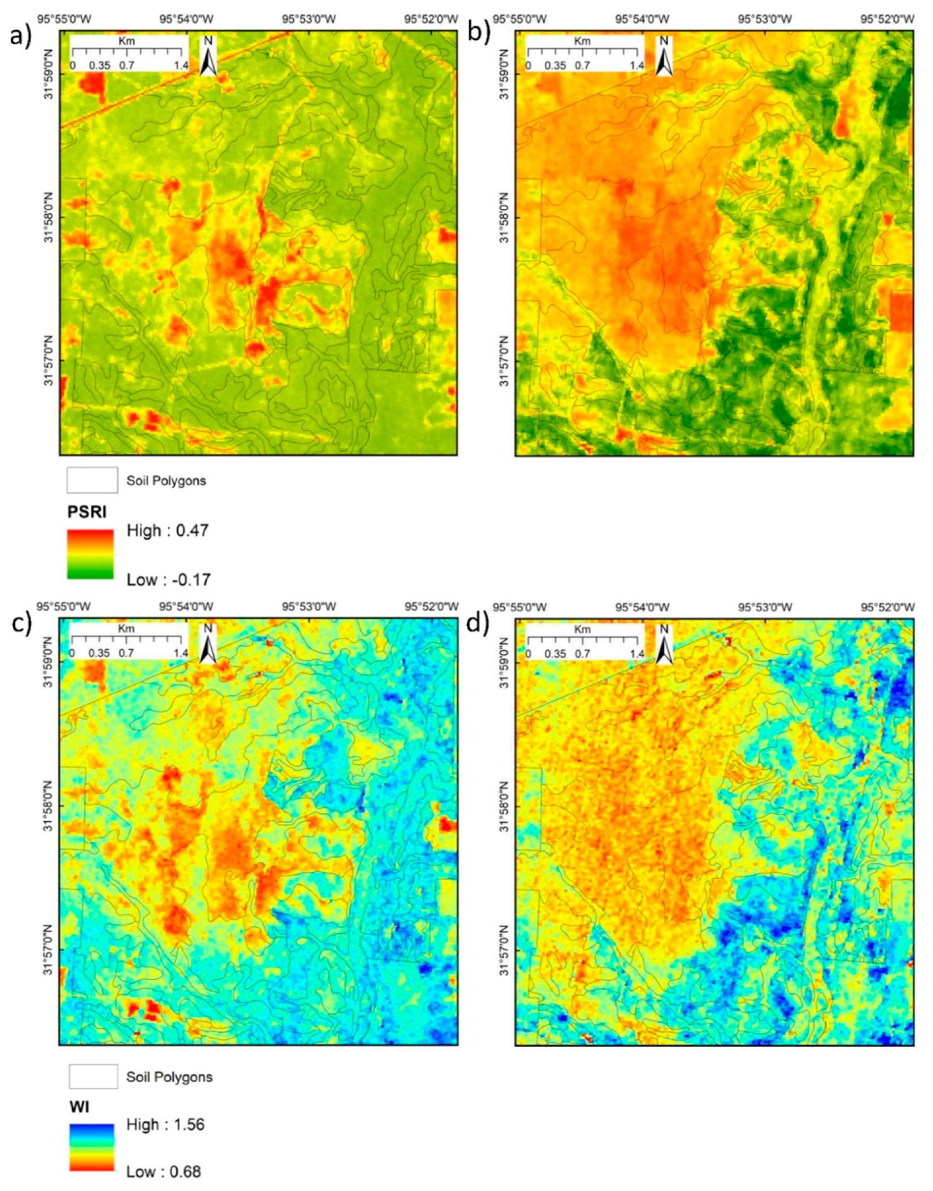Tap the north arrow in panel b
664,56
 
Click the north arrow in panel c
208,644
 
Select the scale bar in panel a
128,54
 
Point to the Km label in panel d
582,629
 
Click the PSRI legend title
87,512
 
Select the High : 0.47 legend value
168,531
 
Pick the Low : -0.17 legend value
169,580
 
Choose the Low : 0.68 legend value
164,1171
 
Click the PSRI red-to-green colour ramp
90,554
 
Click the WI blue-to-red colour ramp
92,1147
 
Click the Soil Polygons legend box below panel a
92,480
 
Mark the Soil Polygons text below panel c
169,1077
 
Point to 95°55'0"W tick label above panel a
64,19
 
